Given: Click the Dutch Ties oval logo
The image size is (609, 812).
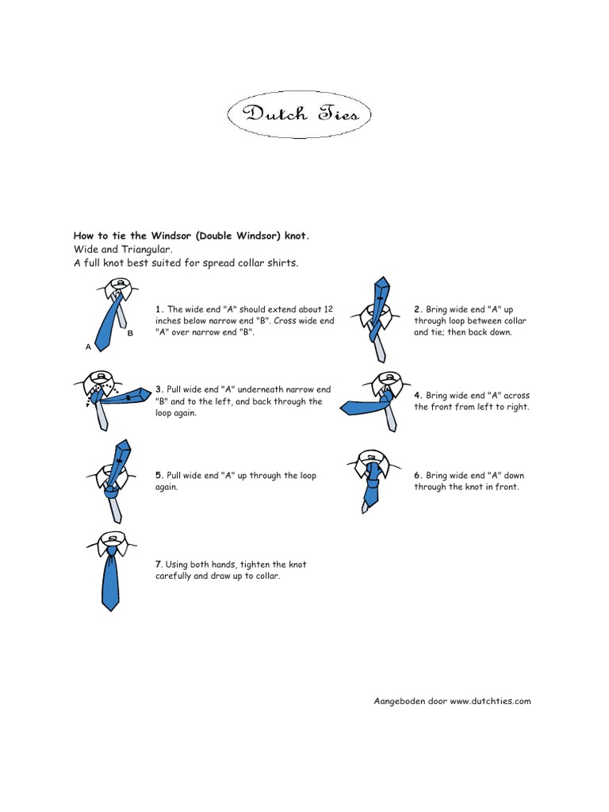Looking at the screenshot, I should click(300, 114).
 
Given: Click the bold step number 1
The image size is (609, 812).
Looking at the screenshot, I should click(159, 309).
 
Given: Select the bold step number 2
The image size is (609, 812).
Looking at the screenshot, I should click(417, 309).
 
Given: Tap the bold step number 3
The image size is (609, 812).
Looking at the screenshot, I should click(159, 389).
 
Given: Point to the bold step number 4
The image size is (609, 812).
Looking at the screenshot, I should click(417, 395).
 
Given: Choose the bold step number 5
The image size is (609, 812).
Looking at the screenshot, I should click(159, 476).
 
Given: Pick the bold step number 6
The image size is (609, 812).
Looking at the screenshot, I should click(417, 476).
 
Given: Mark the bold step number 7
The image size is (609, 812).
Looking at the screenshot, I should click(159, 565).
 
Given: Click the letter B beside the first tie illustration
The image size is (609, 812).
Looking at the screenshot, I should click(130, 334).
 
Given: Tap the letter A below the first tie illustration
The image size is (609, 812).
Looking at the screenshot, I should click(88, 347).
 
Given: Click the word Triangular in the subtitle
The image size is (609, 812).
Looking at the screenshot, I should click(148, 249).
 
